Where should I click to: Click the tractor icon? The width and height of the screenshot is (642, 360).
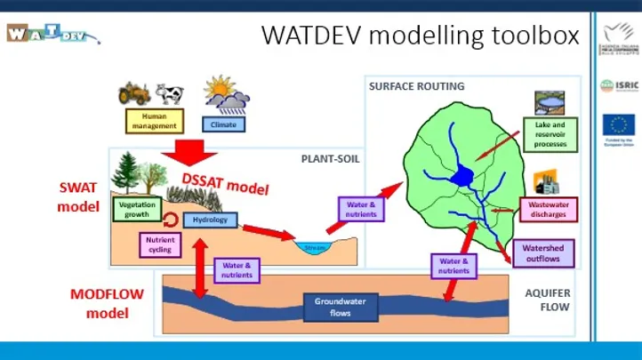point(134,93)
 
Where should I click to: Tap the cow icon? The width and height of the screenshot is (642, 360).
point(169,93)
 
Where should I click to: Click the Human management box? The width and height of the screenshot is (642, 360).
point(155,121)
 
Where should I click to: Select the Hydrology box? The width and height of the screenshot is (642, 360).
point(210,220)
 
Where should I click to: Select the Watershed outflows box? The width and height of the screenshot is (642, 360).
point(542,253)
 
